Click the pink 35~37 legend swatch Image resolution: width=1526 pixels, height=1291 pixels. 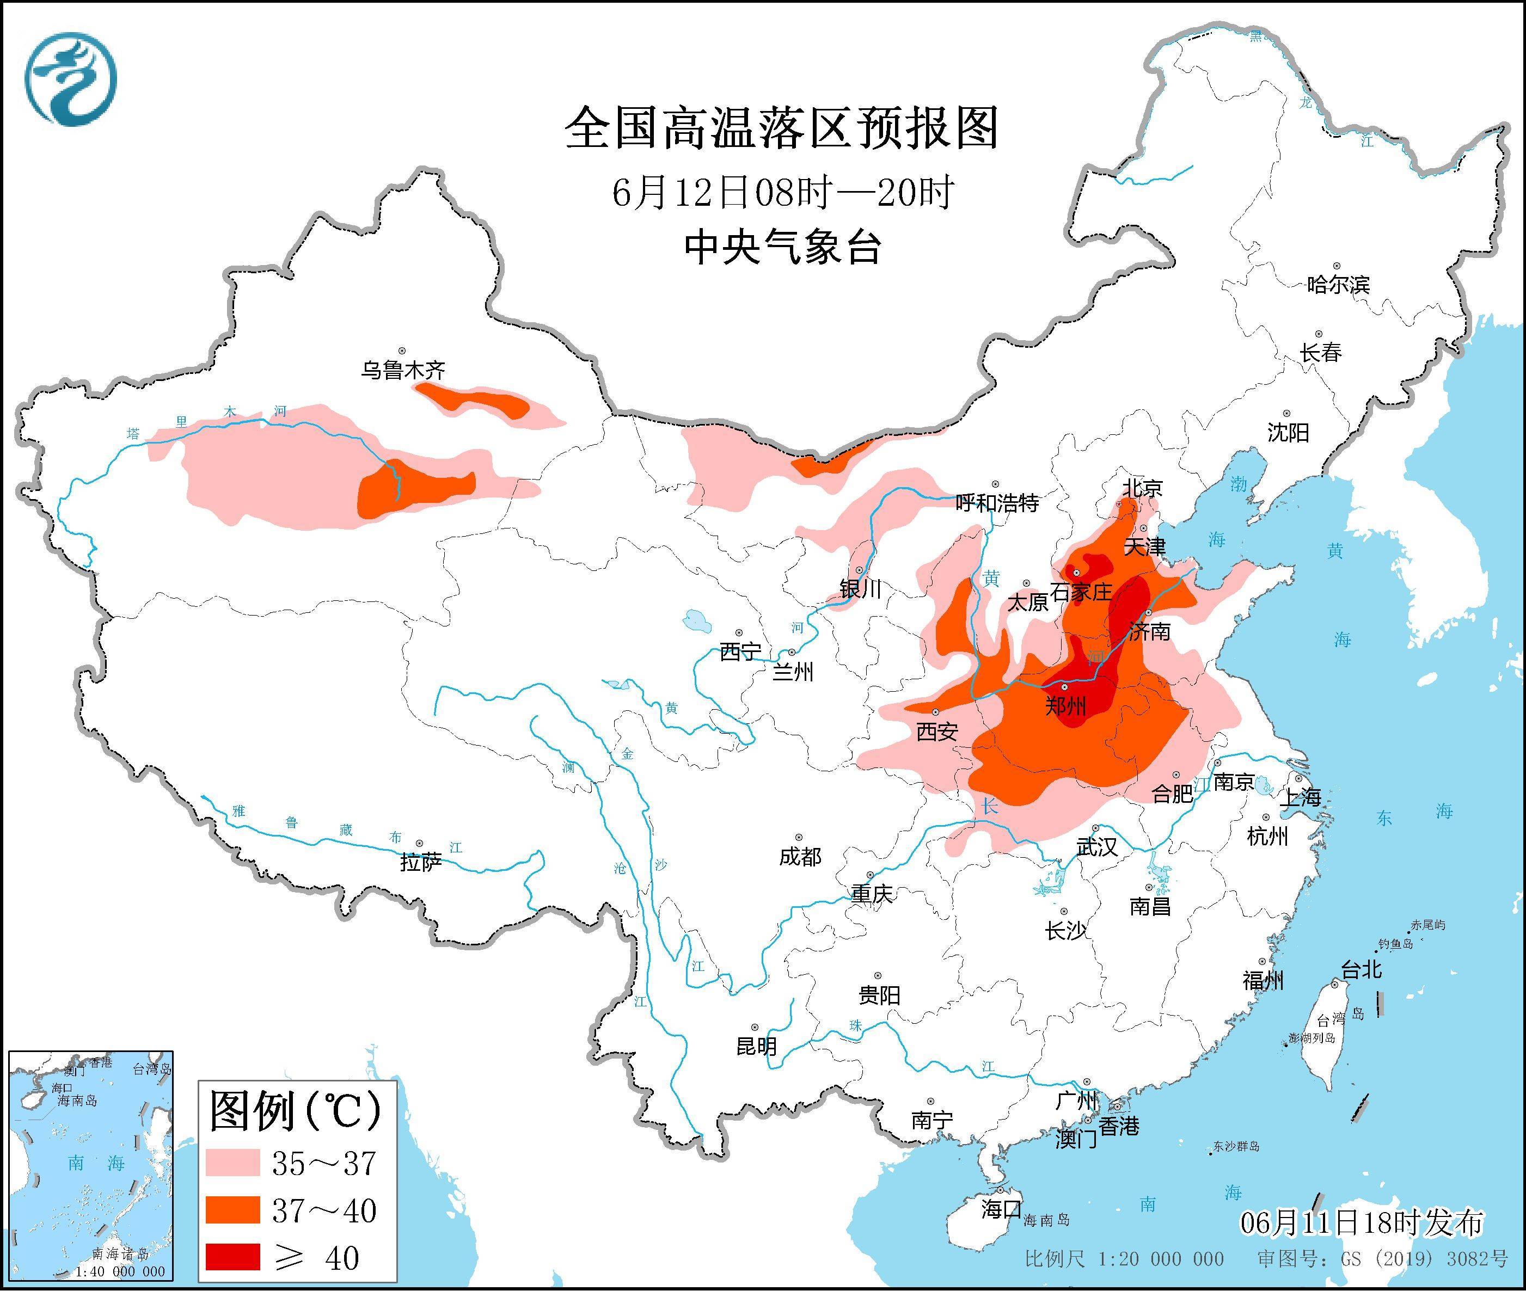point(233,1162)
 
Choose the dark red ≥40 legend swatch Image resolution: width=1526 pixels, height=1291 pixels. point(233,1257)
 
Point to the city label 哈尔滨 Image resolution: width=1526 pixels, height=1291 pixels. point(1338,285)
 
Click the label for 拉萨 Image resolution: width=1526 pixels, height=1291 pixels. point(421,863)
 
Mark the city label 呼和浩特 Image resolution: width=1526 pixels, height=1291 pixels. point(997,503)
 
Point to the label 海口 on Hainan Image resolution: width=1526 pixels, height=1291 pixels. point(1001,1209)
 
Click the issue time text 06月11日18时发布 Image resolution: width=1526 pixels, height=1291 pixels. point(1362,1223)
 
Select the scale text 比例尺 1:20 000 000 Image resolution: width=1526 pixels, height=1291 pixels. point(1124,1259)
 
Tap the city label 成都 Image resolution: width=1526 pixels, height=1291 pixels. point(800,856)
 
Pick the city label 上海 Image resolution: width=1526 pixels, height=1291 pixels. point(1300,797)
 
